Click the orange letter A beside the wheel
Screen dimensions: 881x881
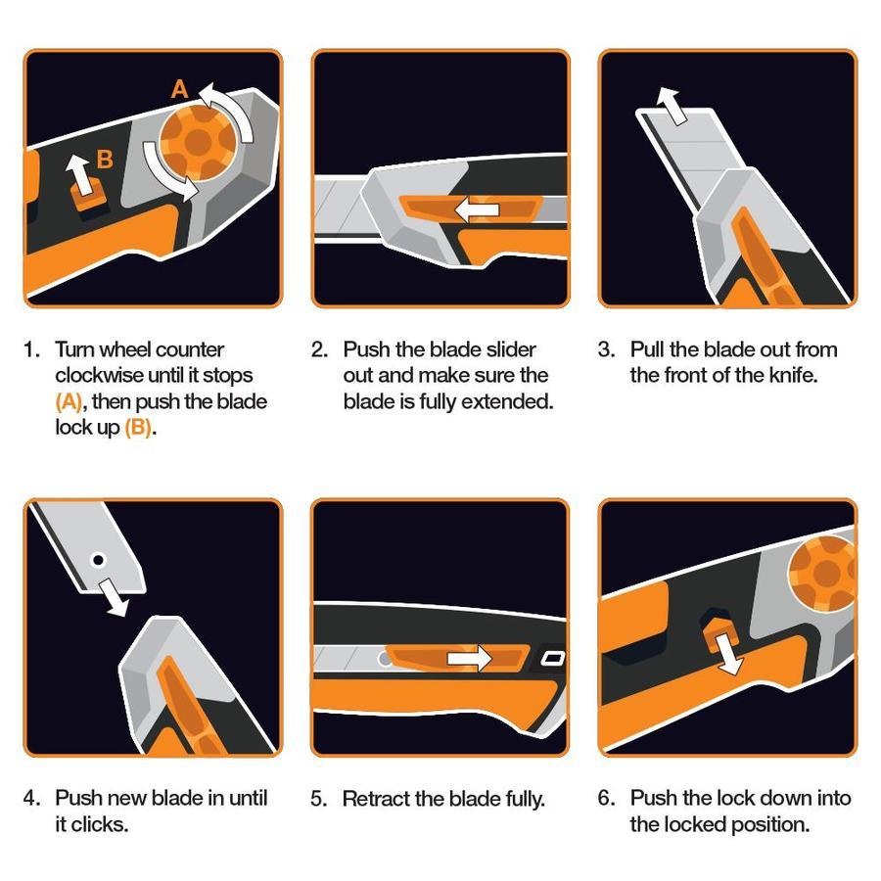[x=179, y=89]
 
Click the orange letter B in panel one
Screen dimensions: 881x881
[x=105, y=159]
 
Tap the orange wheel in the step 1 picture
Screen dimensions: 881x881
[x=198, y=143]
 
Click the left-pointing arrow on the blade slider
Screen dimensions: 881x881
[x=476, y=210]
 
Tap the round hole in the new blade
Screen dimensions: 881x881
[x=98, y=560]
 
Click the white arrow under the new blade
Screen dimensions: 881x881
[x=114, y=597]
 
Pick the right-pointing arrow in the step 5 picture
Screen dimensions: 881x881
[x=469, y=658]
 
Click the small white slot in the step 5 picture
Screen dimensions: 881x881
[x=552, y=658]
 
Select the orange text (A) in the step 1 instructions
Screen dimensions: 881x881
[x=69, y=401]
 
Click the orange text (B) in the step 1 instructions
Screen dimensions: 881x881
[x=138, y=428]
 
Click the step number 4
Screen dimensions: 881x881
[x=30, y=798]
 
